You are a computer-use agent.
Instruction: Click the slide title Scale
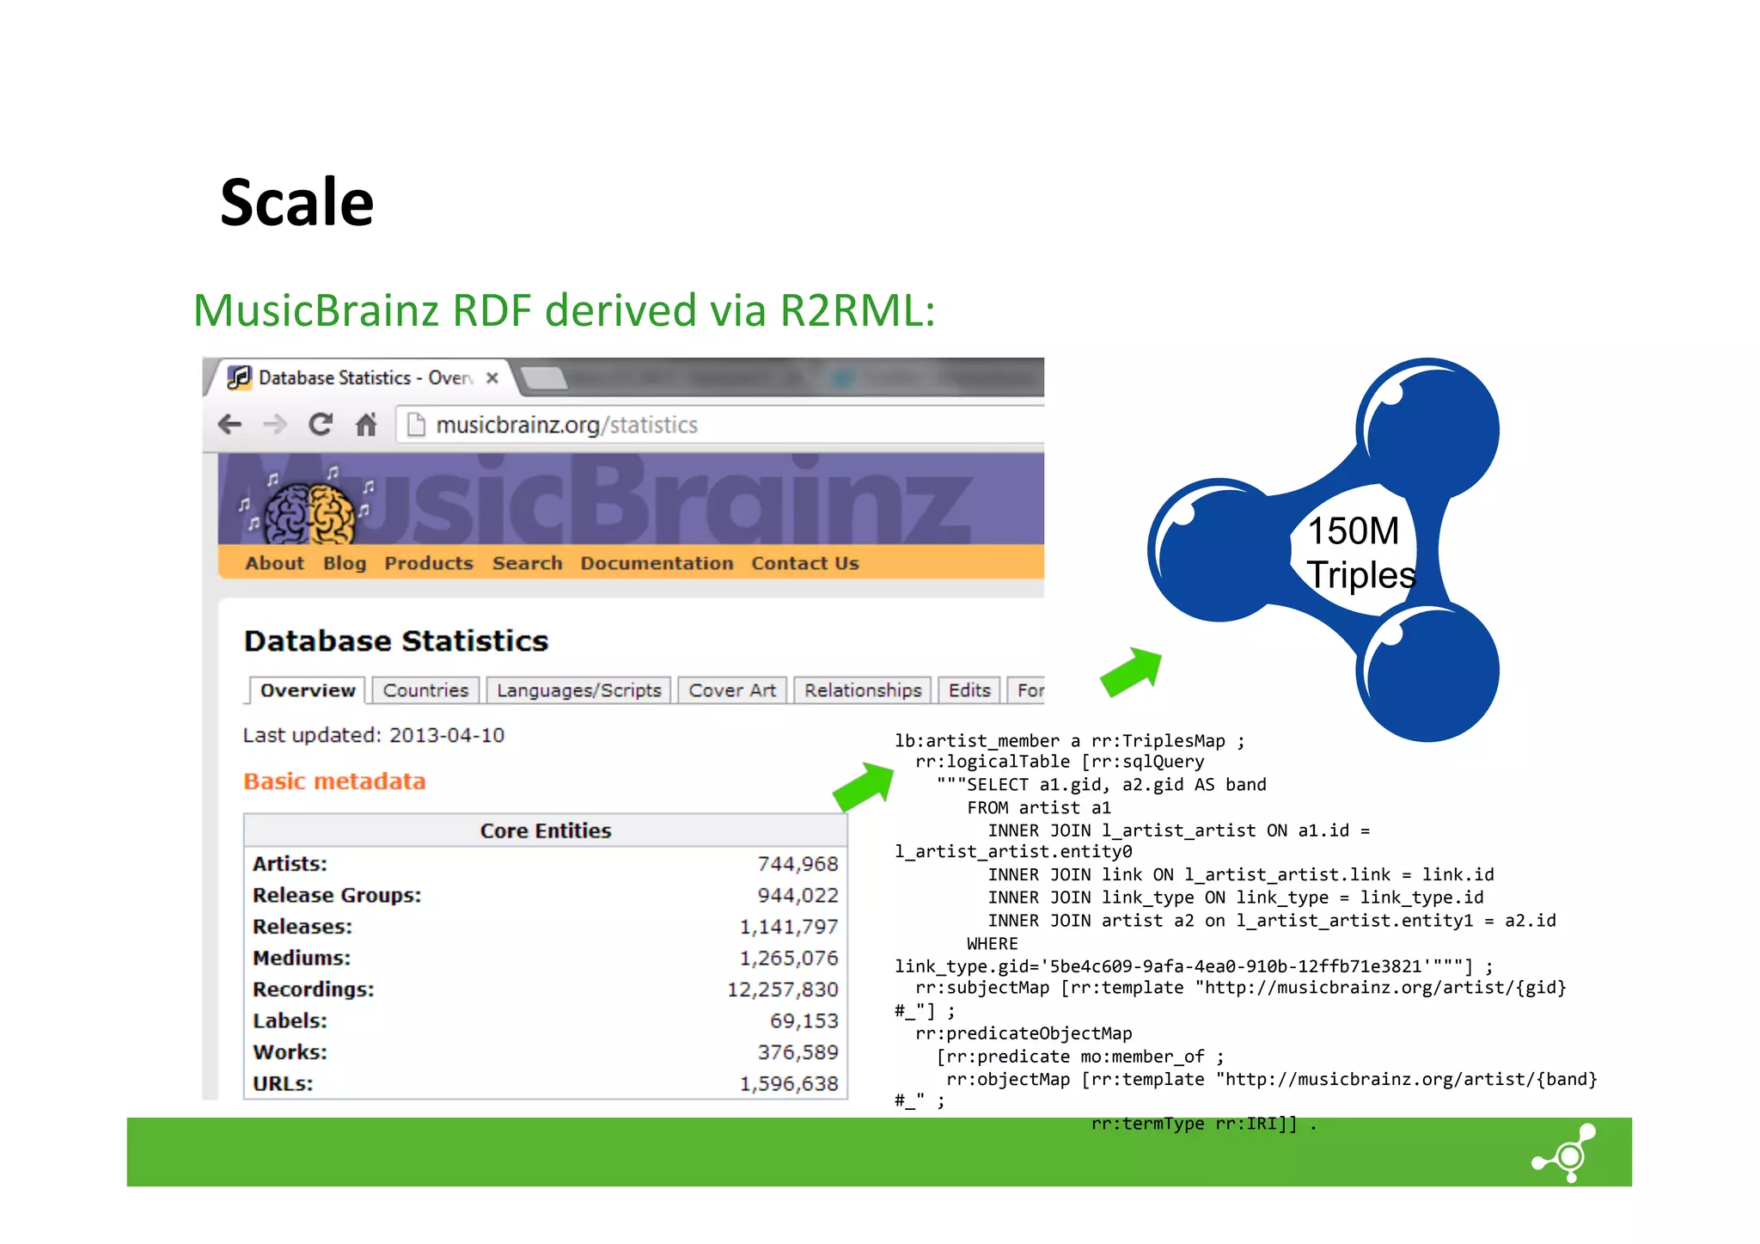click(x=296, y=203)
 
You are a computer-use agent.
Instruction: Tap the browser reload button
click(x=321, y=425)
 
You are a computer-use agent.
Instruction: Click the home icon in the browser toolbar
click(x=366, y=425)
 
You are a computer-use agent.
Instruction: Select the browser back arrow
click(x=229, y=425)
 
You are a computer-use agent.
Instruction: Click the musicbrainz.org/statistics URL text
click(x=566, y=426)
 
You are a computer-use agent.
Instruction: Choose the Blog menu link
click(x=345, y=563)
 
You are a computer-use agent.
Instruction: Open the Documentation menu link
click(x=657, y=563)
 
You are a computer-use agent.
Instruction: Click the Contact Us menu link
click(x=804, y=563)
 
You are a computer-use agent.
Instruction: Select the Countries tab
click(x=425, y=690)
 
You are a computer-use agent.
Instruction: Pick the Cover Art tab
click(x=732, y=690)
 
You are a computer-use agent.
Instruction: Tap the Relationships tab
click(x=863, y=690)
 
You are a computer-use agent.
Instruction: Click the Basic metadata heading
click(x=334, y=781)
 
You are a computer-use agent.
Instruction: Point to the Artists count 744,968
click(x=797, y=864)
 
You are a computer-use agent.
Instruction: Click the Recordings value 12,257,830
click(x=782, y=990)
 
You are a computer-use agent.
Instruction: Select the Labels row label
click(x=290, y=1021)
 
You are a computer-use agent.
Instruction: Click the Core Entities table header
click(x=546, y=830)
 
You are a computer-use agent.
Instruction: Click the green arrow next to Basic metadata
click(x=865, y=786)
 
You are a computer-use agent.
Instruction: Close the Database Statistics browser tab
click(x=492, y=377)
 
